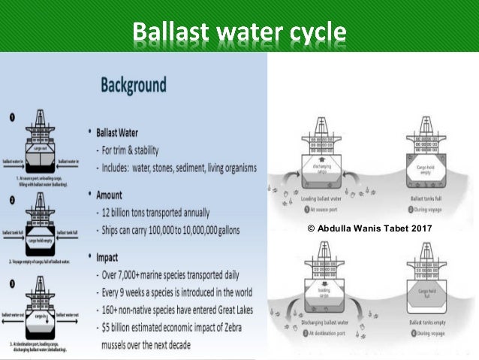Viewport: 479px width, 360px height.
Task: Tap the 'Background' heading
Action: tap(134, 84)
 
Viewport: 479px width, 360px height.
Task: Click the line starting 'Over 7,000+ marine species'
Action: tap(178, 274)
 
